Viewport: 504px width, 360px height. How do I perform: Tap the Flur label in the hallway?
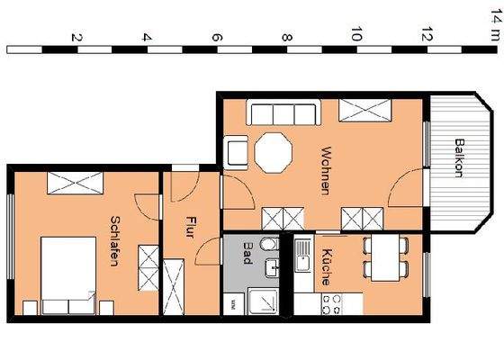191,224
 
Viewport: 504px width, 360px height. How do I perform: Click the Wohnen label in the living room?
325,171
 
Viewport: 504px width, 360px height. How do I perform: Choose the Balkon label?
459,158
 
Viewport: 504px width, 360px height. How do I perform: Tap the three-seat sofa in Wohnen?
282,112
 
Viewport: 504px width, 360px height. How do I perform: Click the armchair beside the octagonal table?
238,151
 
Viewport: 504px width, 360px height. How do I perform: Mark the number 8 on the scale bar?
287,38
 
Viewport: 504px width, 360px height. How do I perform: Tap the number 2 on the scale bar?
76,38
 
